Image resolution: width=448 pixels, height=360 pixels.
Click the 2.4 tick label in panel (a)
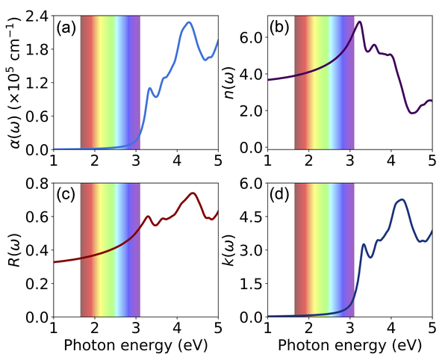[x=38, y=16]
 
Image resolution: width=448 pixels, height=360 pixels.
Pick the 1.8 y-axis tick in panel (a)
[x=38, y=49]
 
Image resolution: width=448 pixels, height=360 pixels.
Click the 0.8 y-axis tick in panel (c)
[x=38, y=184]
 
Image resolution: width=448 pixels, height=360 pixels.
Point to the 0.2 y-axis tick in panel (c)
[x=38, y=285]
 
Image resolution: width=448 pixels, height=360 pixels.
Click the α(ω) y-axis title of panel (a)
[x=15, y=83]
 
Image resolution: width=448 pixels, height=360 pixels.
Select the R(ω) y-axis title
[x=15, y=251]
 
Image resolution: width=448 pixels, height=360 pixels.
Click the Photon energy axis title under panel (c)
[x=135, y=346]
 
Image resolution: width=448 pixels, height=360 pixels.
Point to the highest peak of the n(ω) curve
[x=361, y=22]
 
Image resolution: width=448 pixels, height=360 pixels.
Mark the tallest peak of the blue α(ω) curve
[x=189, y=23]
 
